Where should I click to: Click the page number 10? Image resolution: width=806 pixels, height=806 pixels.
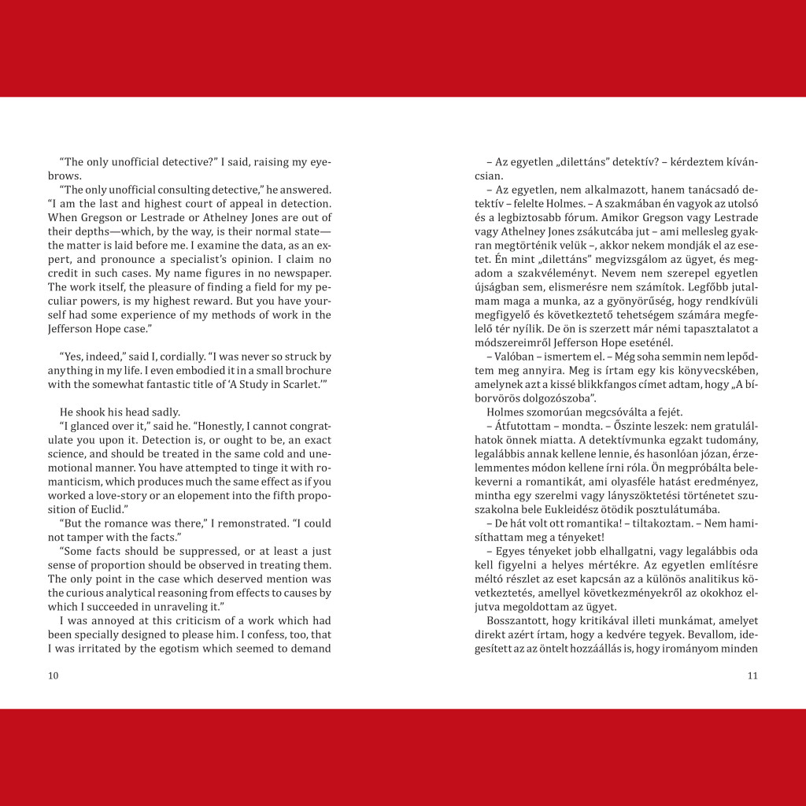(x=53, y=675)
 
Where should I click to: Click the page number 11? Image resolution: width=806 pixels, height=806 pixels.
(x=752, y=675)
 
